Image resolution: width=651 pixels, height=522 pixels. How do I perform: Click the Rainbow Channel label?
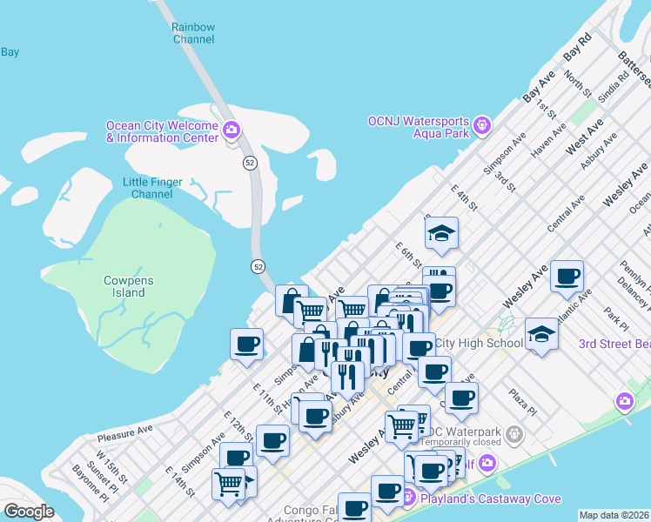pyautogui.click(x=193, y=33)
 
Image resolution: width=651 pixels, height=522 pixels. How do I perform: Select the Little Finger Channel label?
pyautogui.click(x=152, y=188)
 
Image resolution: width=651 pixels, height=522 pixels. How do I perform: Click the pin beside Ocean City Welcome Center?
pyautogui.click(x=231, y=130)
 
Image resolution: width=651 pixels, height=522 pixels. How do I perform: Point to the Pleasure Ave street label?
pyautogui.click(x=125, y=432)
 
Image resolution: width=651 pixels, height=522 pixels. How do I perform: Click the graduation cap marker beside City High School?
pyautogui.click(x=540, y=332)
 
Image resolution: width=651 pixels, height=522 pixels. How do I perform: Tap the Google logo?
pyautogui.click(x=29, y=512)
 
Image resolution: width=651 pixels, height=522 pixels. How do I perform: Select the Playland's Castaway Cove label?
pyautogui.click(x=491, y=499)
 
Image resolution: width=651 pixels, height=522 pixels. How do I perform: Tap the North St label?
pyautogui.click(x=577, y=85)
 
